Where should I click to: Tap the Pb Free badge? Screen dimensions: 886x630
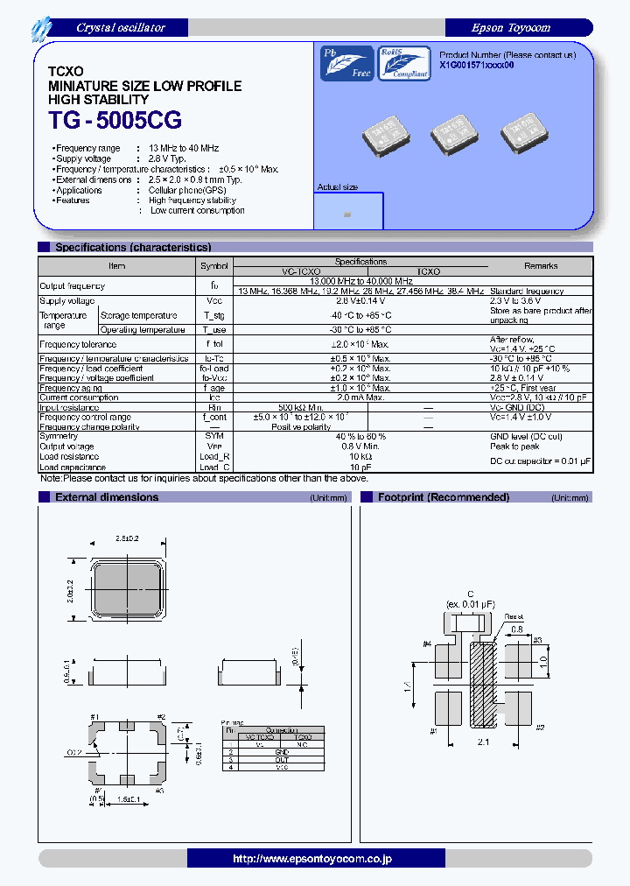[346, 64]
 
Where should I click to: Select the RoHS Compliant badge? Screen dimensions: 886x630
[403, 64]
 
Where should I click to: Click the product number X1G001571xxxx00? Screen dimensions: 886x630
[476, 66]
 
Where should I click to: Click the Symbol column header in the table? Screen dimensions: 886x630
[214, 265]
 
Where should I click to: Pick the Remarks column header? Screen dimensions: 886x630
[540, 265]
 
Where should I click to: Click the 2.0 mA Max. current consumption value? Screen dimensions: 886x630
[360, 397]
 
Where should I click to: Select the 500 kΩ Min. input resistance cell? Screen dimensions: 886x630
[301, 407]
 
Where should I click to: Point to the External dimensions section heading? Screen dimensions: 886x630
[107, 497]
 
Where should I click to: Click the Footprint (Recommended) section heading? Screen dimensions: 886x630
[443, 497]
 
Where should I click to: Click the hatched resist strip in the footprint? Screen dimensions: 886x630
[480, 684]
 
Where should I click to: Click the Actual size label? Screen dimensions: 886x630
[337, 187]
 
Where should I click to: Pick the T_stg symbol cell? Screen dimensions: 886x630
[214, 315]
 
